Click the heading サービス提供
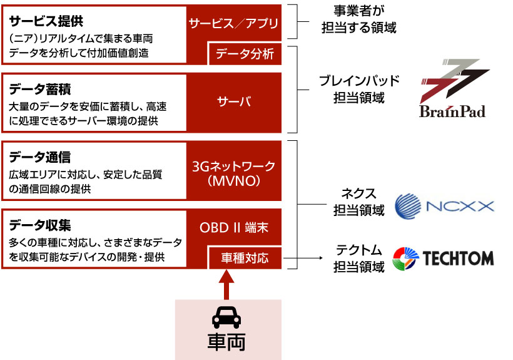coord(46,21)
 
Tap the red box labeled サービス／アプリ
coord(233,23)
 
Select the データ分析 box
coord(245,54)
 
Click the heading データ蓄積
coord(40,89)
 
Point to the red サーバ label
coord(234,102)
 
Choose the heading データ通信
coord(40,157)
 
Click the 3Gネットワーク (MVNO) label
coord(233,173)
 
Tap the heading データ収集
coord(40,225)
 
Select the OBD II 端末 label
coord(234,228)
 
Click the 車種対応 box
coord(245,258)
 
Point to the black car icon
coord(226,317)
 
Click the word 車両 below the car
coord(226,342)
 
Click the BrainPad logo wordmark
coord(452,111)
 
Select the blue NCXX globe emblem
coord(408,206)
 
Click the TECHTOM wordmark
coord(458,258)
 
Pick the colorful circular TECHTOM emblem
coord(405,259)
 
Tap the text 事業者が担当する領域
coord(359,19)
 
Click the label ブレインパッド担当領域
coord(359,89)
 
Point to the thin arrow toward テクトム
coord(303,258)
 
